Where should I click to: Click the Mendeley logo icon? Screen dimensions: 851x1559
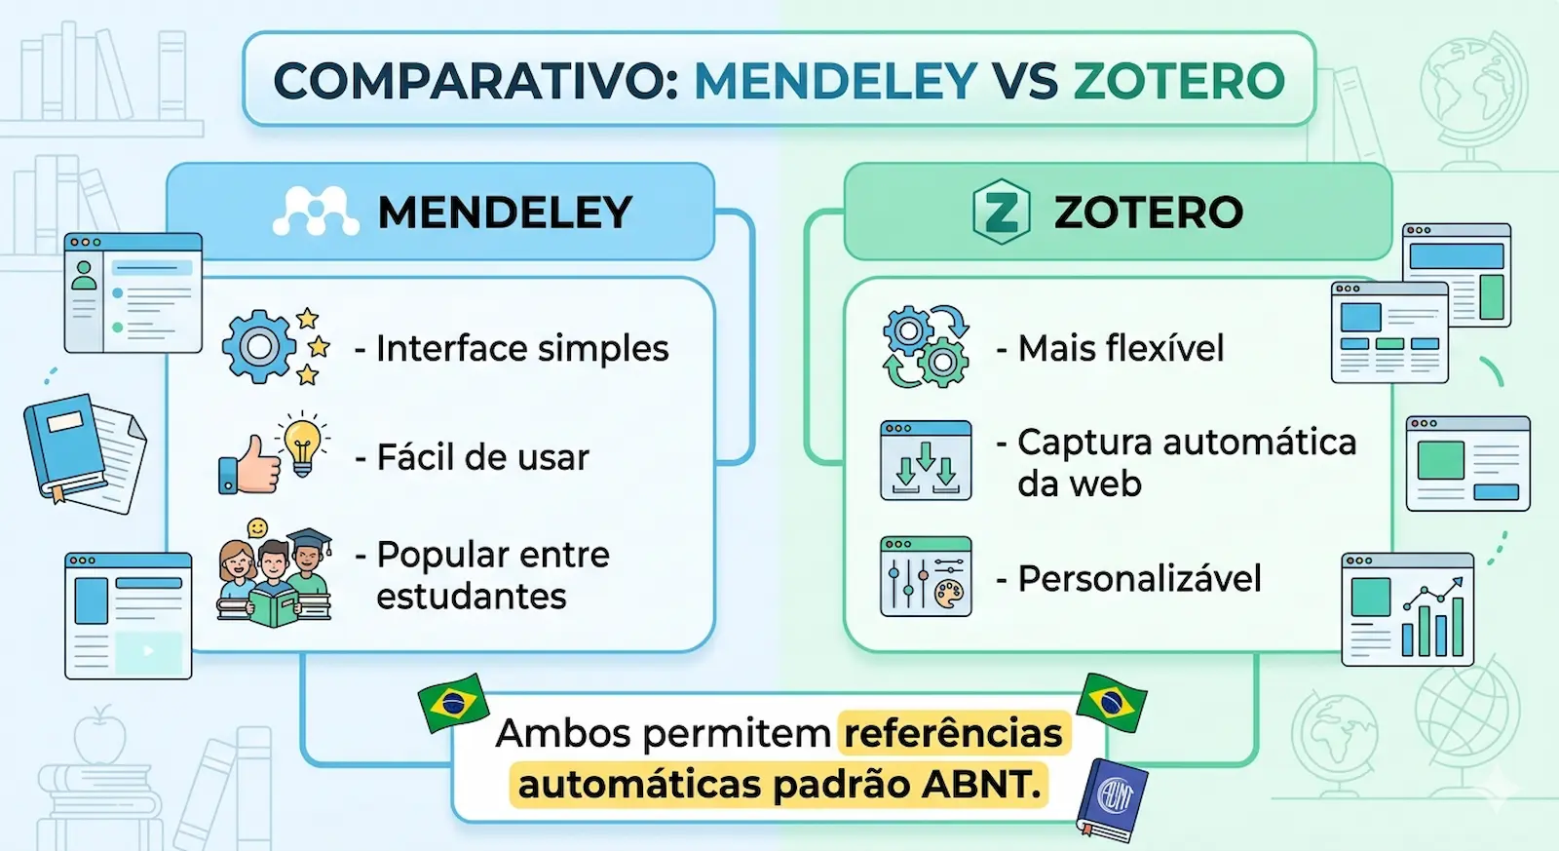[311, 212]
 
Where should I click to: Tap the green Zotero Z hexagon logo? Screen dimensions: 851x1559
[1001, 212]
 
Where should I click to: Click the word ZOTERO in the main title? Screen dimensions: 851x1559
[1179, 80]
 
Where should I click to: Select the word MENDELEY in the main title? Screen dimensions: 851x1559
[835, 80]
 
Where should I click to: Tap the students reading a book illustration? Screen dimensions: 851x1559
[274, 574]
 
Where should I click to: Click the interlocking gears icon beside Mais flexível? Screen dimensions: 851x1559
[926, 346]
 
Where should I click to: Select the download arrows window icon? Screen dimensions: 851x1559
[926, 460]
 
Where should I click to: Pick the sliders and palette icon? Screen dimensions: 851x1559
[926, 576]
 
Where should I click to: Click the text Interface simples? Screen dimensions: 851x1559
[521, 348]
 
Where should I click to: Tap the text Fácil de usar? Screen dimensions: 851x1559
[482, 457]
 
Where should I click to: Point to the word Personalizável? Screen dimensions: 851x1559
[1139, 579]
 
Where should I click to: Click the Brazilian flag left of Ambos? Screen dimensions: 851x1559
[453, 702]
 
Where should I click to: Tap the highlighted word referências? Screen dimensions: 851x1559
[953, 733]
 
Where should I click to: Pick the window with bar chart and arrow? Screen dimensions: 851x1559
[1408, 609]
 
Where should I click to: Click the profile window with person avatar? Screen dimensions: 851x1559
[133, 292]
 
